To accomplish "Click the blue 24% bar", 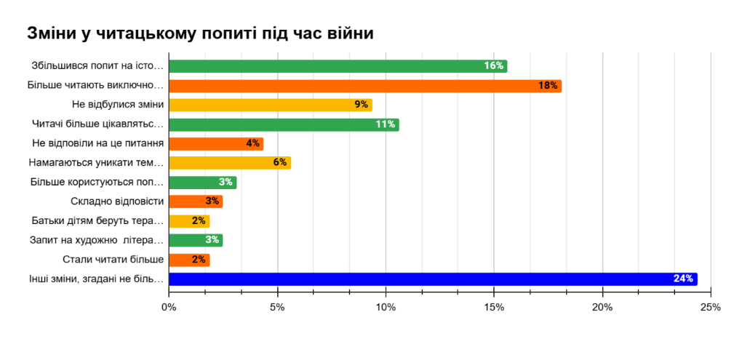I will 433,279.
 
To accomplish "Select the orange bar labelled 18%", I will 365,86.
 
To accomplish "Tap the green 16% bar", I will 338,66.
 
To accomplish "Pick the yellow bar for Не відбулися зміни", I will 270,105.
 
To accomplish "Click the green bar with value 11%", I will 284,124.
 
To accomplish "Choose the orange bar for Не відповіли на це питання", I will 216,143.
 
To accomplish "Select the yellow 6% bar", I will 230,163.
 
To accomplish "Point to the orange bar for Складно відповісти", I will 196,201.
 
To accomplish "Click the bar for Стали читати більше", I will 189,260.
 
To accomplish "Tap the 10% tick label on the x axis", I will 386,308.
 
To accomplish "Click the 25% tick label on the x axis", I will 710,308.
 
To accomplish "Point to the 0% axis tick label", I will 169,308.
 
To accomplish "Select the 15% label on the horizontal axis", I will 494,308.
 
